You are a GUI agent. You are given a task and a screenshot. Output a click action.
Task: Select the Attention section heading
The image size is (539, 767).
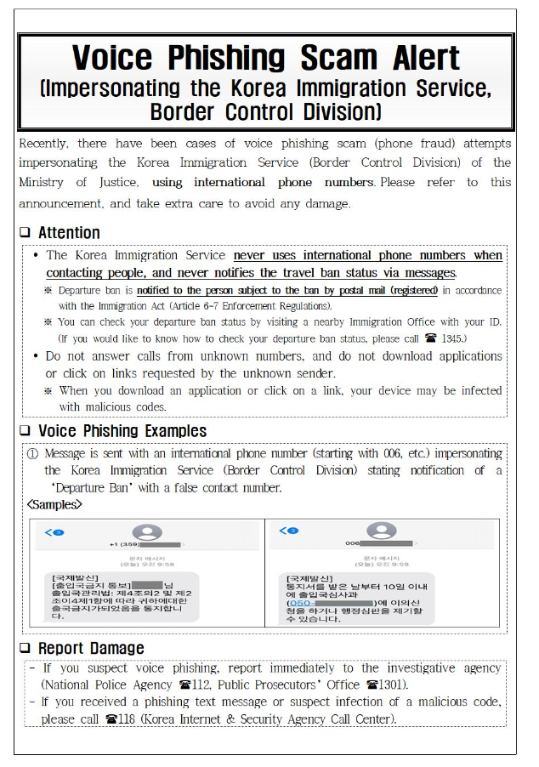click(69, 232)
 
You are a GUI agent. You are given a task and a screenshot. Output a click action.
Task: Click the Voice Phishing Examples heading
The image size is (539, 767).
click(122, 431)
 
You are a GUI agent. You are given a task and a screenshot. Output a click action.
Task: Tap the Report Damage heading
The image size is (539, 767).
click(91, 649)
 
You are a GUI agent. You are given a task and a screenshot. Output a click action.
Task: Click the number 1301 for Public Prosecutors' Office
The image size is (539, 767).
click(389, 685)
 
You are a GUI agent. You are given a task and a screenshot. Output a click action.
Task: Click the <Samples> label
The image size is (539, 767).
click(54, 504)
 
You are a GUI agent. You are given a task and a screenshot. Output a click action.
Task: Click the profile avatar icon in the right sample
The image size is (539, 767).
click(381, 532)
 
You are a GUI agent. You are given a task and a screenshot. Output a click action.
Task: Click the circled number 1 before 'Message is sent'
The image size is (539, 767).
click(32, 453)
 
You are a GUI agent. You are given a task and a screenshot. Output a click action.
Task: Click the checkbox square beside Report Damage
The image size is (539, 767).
click(25, 649)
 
